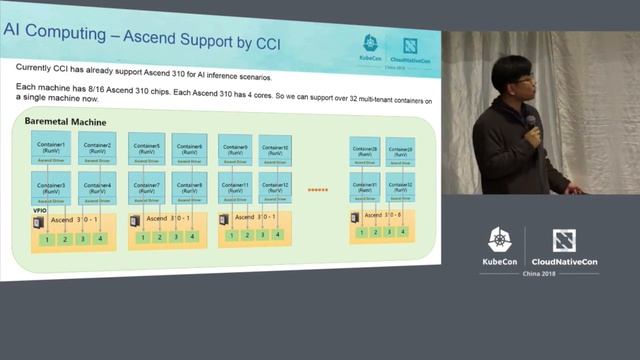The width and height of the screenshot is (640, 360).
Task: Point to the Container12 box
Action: click(276, 187)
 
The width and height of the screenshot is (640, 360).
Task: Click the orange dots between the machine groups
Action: click(319, 188)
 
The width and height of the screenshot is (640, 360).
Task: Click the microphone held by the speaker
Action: click(531, 124)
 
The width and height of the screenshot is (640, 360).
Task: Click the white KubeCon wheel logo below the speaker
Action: click(499, 240)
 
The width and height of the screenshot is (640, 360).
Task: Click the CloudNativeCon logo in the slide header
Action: click(410, 46)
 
